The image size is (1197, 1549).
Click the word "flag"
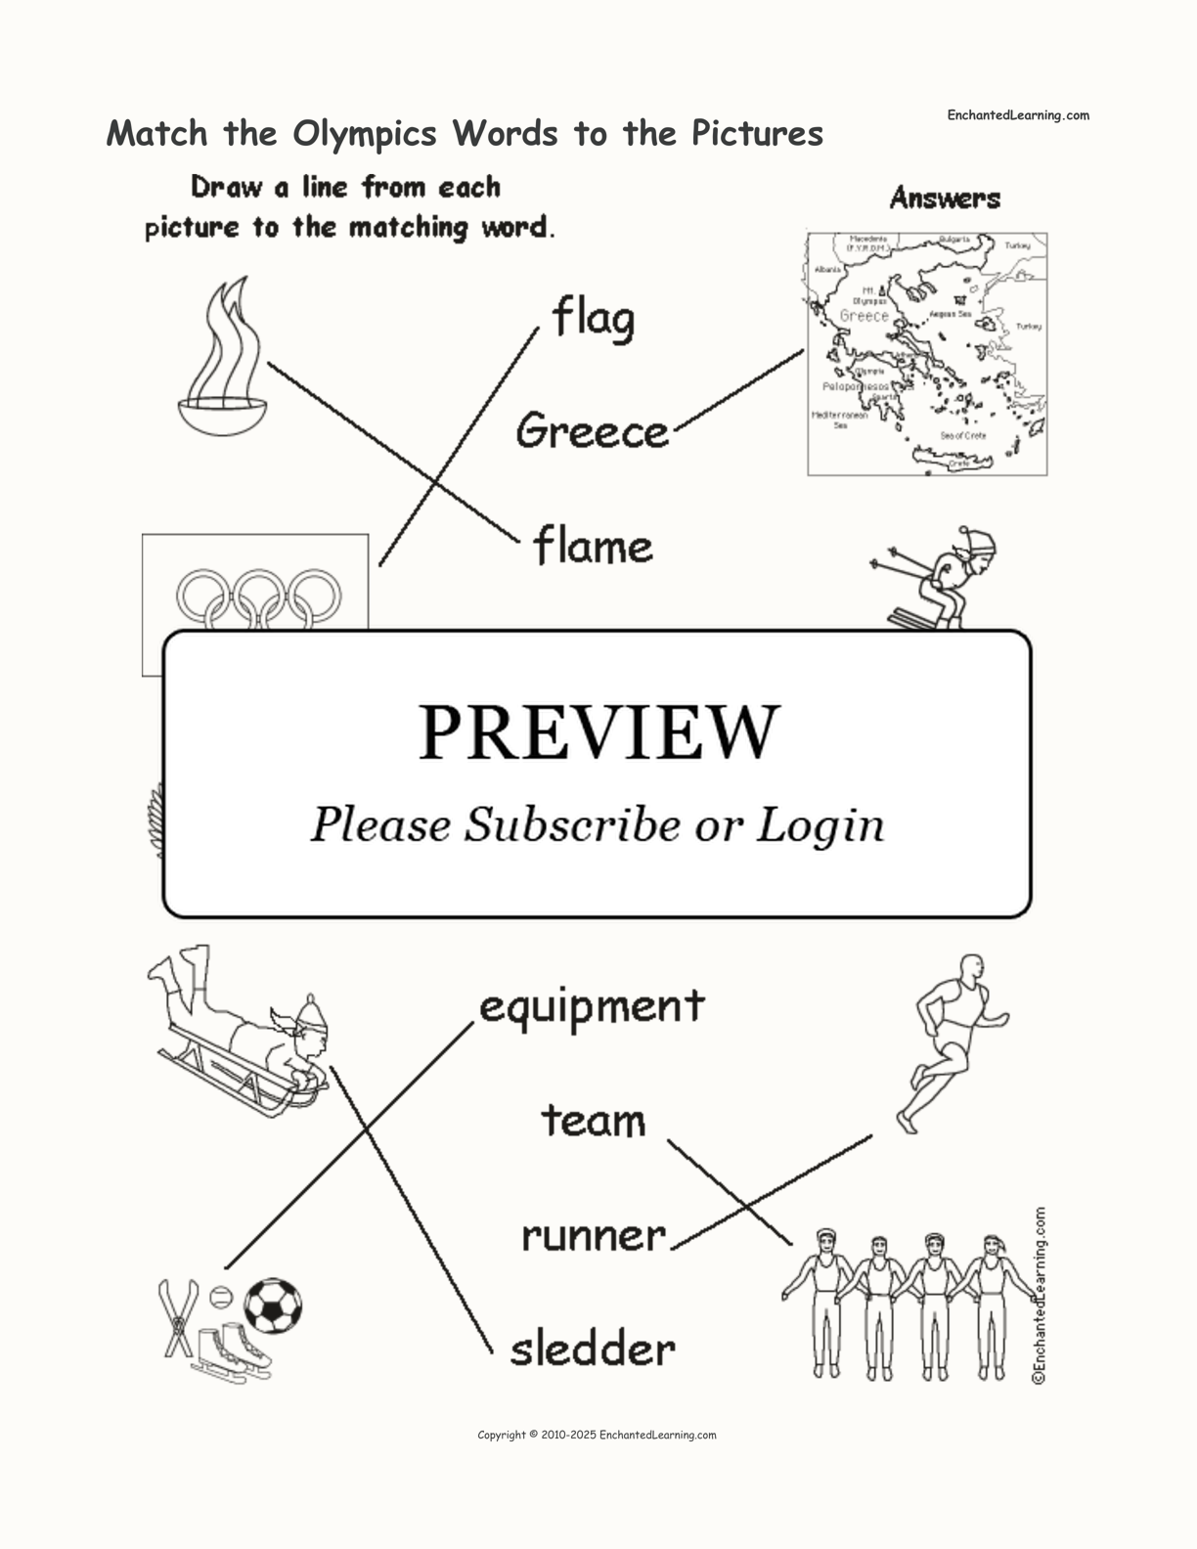(594, 319)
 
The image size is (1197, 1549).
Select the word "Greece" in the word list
(592, 431)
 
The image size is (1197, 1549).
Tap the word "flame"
(593, 546)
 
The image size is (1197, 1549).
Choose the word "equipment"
(592, 1006)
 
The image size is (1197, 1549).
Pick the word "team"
(594, 1121)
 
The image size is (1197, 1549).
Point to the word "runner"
(593, 1236)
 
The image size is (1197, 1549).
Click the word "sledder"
(593, 1350)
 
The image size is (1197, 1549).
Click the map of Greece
(926, 354)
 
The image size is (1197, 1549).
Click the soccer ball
(273, 1306)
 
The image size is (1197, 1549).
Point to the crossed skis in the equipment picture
(178, 1318)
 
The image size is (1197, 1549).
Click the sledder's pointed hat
(310, 1011)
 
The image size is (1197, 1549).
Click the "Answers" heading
(945, 199)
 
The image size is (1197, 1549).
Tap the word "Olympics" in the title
(368, 133)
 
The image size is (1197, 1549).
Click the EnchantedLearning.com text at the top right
(1017, 115)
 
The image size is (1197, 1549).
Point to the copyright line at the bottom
(597, 1436)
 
